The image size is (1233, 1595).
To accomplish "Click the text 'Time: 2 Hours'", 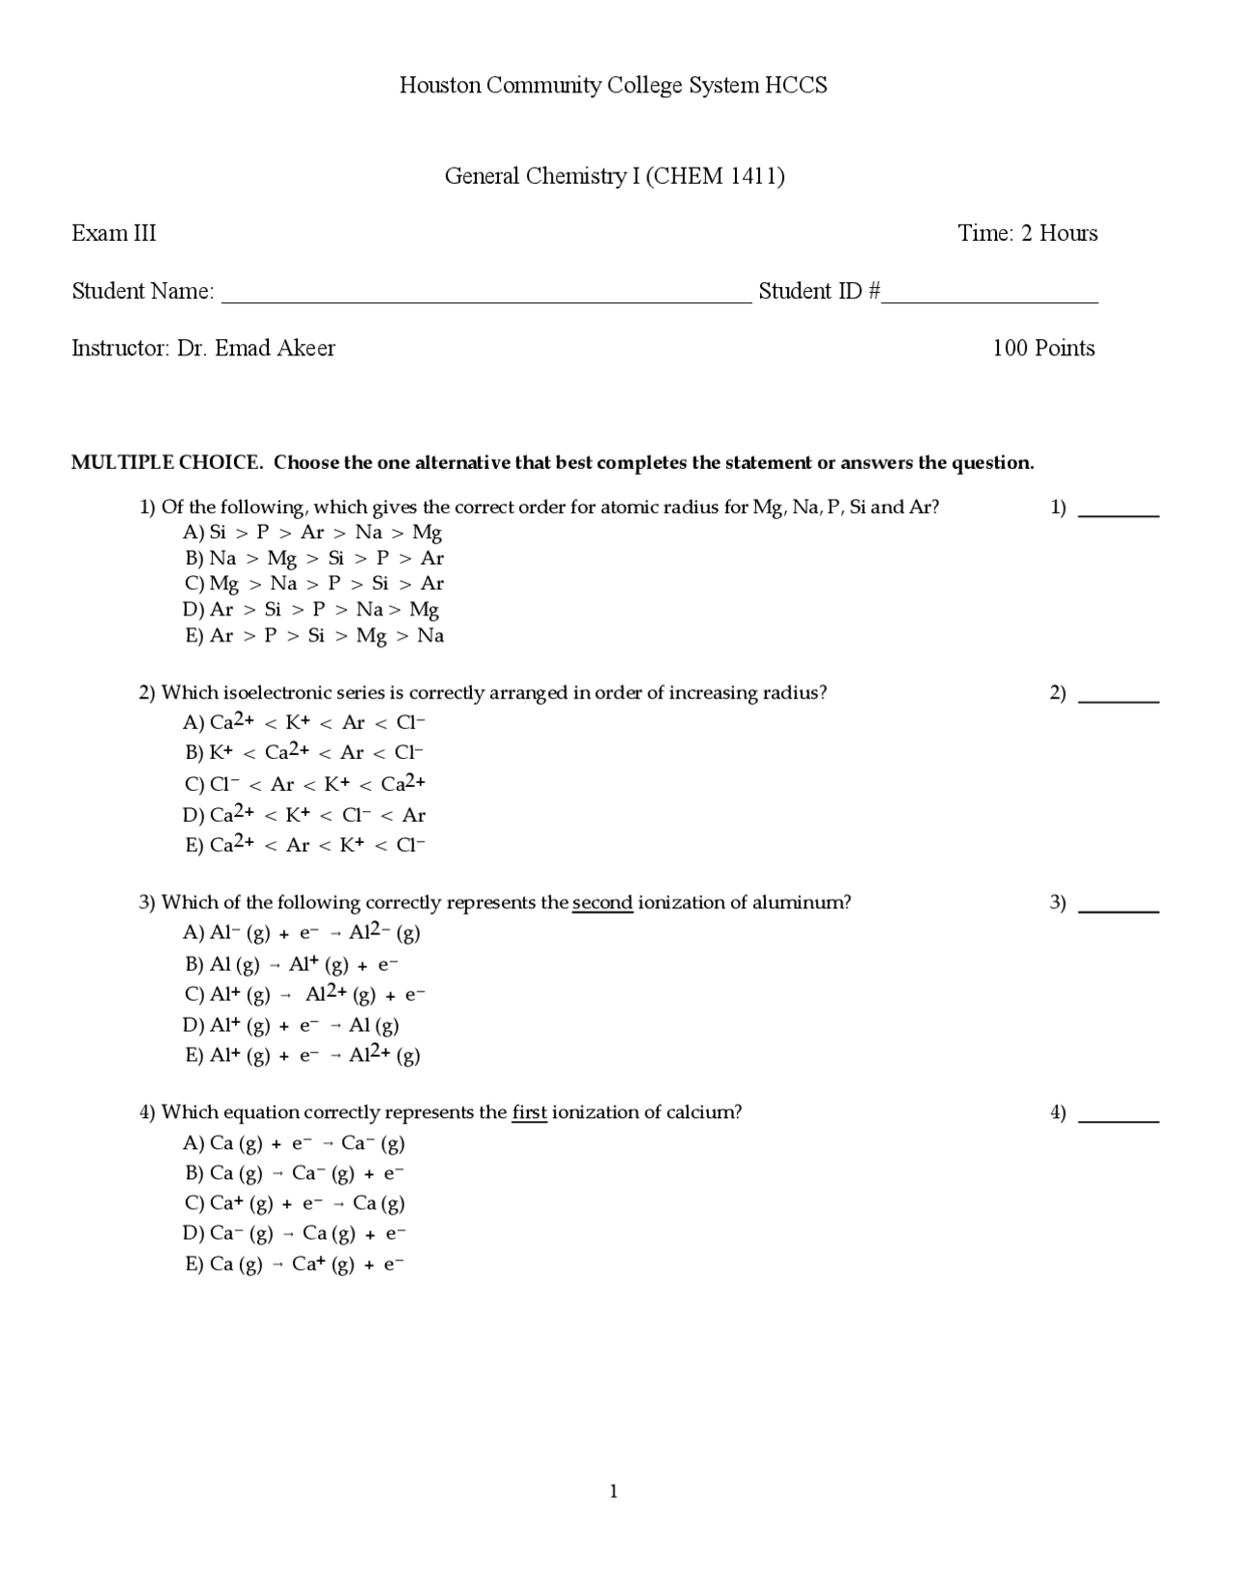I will (x=1027, y=233).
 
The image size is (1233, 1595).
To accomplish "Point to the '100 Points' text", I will (x=1043, y=349).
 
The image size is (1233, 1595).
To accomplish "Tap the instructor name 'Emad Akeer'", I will (x=275, y=349).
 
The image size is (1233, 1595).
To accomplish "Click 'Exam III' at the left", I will (x=114, y=233).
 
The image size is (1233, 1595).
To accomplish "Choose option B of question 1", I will (x=314, y=558).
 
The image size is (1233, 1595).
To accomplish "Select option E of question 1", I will (x=314, y=636).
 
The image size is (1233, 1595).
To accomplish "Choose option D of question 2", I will (x=304, y=815).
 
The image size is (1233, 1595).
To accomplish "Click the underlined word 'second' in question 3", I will (x=602, y=902).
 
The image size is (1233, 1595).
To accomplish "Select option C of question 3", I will (x=304, y=994).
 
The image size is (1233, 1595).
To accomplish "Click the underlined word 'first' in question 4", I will (x=529, y=1112).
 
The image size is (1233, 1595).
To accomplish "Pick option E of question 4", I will (x=295, y=1264).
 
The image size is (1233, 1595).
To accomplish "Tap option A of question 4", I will (x=295, y=1143).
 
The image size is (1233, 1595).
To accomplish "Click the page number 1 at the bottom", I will (x=614, y=1492).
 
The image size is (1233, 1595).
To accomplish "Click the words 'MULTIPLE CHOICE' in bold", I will (x=167, y=462).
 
